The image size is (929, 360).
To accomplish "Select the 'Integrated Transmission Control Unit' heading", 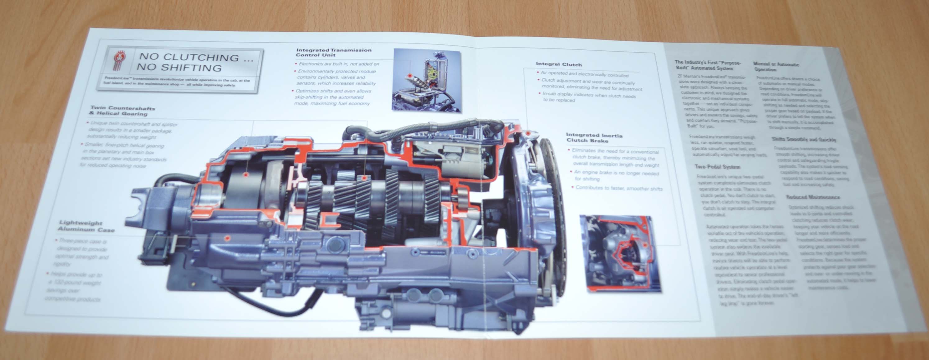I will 333,52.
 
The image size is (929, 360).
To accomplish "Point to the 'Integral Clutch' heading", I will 559,64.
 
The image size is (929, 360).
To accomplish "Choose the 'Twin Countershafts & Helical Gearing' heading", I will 122,111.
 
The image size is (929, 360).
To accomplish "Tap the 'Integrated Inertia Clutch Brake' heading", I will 594,137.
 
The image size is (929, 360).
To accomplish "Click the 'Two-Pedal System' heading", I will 717,167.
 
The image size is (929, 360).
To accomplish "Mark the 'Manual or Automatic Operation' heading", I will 776,66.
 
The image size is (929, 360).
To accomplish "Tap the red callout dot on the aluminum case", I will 227,238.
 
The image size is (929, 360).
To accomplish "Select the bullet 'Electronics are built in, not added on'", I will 339,64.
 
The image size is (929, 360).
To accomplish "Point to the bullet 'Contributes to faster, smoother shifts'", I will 618,188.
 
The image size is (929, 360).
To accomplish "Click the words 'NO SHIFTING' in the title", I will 178,68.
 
